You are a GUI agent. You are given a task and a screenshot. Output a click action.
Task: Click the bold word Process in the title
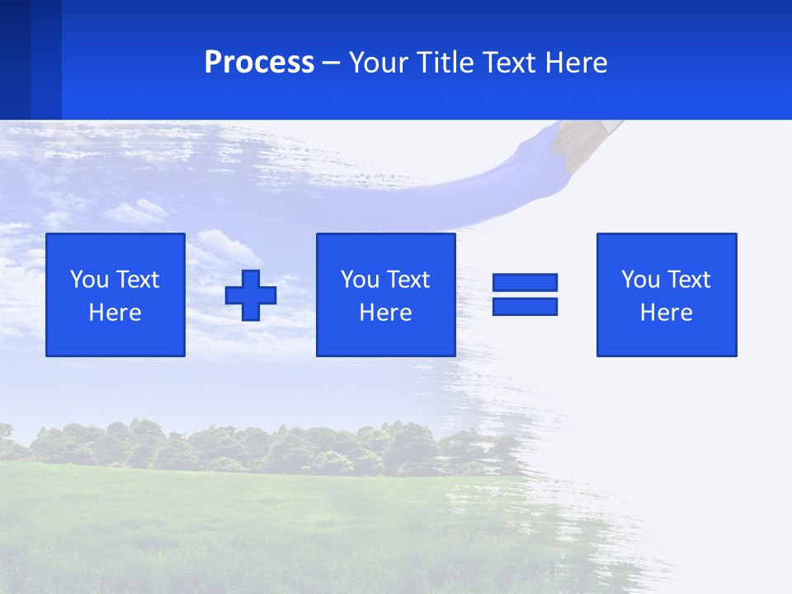point(259,63)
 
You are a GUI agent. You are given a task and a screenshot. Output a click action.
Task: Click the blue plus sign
point(251,295)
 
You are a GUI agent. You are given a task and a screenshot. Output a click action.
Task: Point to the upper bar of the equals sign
point(525,283)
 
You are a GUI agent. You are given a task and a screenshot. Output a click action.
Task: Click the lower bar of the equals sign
point(525,306)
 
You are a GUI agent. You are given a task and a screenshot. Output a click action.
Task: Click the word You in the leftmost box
point(89,280)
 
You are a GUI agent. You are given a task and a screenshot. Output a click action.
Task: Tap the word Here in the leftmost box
point(115,313)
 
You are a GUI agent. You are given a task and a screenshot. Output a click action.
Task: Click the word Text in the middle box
point(408,280)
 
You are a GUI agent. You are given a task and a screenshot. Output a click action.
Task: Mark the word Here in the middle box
point(385,313)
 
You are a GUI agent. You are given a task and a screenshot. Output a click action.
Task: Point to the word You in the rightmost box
point(640,280)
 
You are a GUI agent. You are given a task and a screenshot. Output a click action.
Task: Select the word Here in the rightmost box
point(666,313)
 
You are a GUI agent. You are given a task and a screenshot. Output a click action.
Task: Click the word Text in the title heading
point(511,63)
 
